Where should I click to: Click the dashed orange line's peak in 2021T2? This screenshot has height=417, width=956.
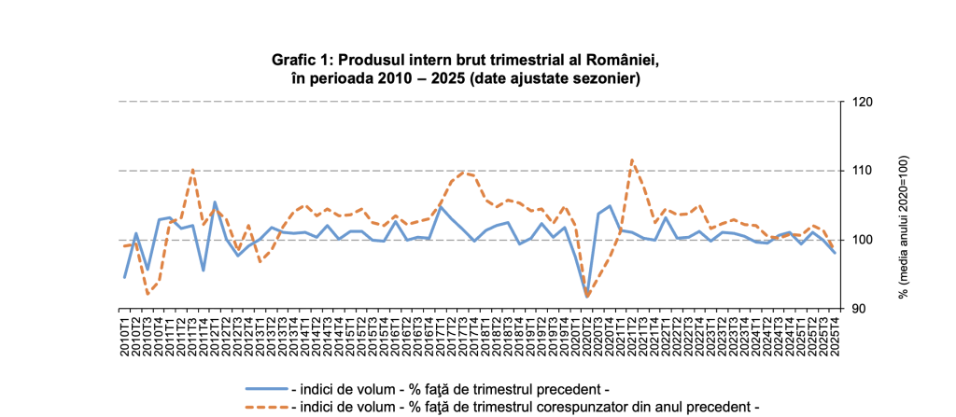click(x=632, y=160)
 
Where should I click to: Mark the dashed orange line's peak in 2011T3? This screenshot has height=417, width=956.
click(x=192, y=169)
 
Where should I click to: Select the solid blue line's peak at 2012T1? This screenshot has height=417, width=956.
click(x=215, y=202)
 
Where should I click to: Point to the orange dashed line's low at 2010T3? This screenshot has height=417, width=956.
click(x=148, y=294)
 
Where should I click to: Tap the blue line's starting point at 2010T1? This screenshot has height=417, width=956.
click(x=125, y=277)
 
